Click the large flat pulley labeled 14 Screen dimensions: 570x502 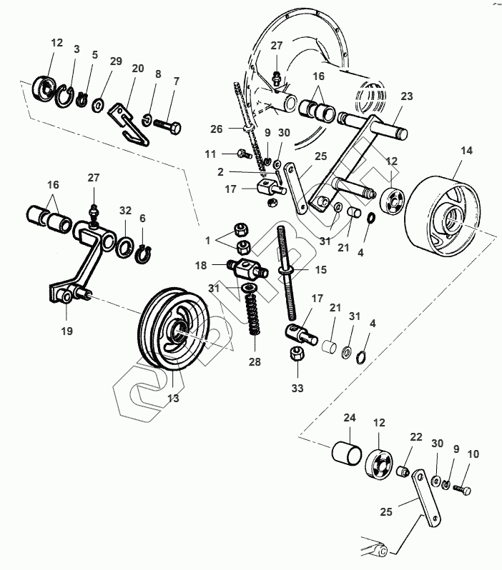[439, 212]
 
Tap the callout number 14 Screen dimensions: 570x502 [467, 151]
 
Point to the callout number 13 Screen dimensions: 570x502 [173, 398]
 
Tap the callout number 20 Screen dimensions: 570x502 [138, 69]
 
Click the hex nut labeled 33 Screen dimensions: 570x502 [296, 354]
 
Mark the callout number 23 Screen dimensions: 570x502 [406, 96]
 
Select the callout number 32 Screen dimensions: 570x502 [125, 211]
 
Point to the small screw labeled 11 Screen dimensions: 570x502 [241, 154]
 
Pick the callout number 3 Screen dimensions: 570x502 [77, 48]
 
